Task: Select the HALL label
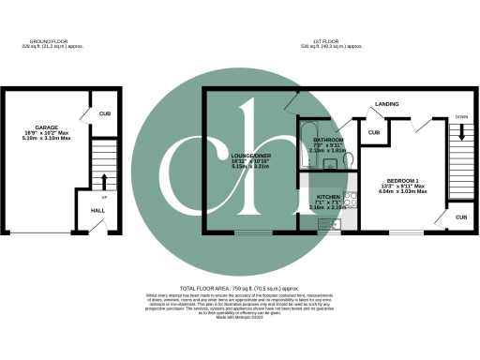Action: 97,211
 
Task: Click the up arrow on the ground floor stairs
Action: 104,178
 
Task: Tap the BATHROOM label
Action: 328,140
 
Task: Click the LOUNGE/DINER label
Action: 249,157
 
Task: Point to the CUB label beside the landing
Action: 373,133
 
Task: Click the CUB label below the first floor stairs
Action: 460,217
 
